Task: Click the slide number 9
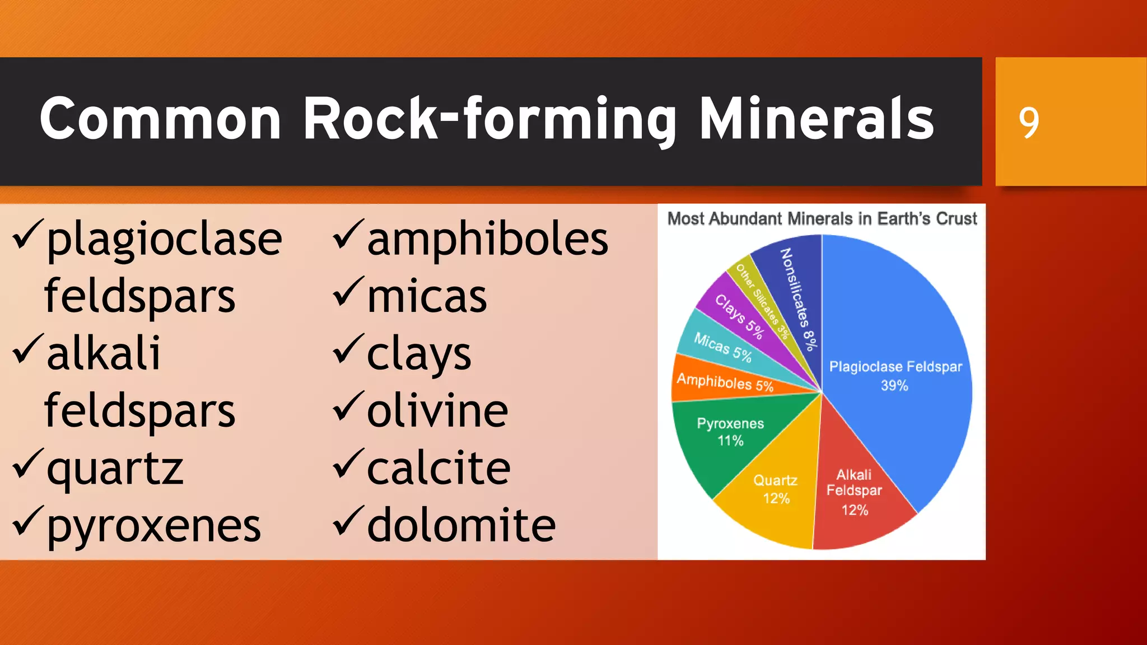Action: pos(1028,122)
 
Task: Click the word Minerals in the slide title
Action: pos(817,119)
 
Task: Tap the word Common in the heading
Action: pos(160,119)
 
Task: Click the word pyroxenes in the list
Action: pos(153,526)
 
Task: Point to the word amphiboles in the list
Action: pos(487,240)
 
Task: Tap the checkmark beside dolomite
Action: pos(348,521)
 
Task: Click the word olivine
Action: pos(437,411)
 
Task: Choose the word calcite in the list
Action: pos(439,468)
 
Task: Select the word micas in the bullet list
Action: pos(427,297)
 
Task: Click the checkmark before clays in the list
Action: pos(348,348)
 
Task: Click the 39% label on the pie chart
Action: pos(894,386)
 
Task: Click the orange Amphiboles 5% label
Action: pos(725,383)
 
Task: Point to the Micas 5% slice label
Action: pos(722,347)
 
